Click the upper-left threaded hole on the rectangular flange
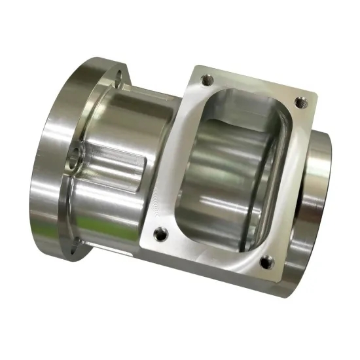(208, 79)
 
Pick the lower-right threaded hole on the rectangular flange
(265, 263)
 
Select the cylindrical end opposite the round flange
(317, 196)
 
